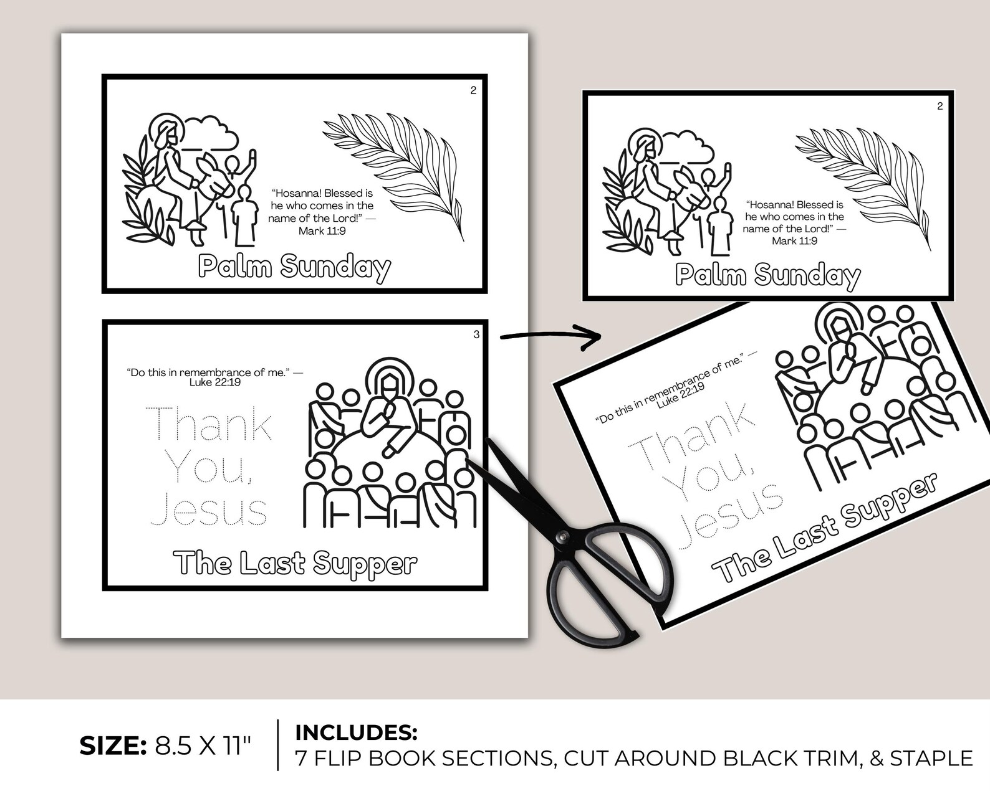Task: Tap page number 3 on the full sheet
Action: click(x=476, y=334)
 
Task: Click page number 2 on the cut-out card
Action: click(x=940, y=107)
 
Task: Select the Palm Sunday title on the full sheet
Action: click(x=294, y=267)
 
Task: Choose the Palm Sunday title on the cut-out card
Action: click(x=767, y=275)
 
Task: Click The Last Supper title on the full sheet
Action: click(x=296, y=563)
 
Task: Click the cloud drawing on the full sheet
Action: click(x=212, y=133)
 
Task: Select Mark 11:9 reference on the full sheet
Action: click(x=322, y=231)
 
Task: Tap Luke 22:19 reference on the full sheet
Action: click(x=215, y=382)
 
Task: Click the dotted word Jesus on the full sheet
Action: click(x=209, y=511)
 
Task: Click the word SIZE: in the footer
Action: click(x=112, y=746)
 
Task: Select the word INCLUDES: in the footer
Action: click(x=356, y=732)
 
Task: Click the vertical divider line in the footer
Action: click(x=278, y=745)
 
